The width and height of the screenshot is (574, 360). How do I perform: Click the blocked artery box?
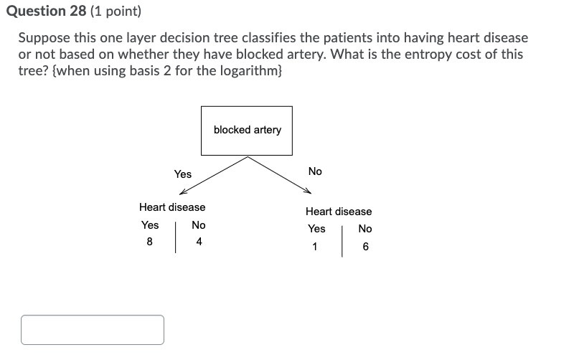pos(247,131)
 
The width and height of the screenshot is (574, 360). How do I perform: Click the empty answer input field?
pos(93,330)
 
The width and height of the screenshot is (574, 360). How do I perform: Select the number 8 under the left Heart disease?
pos(149,242)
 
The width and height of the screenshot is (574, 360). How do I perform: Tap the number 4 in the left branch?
pos(199,242)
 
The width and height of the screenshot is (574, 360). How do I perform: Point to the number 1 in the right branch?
pos(314,247)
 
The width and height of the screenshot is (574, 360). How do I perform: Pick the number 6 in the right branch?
pos(365,247)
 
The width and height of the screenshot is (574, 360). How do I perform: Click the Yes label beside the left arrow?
pos(183,174)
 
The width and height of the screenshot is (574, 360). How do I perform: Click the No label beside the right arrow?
pos(315,171)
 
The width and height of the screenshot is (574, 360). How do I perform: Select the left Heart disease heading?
pos(172,207)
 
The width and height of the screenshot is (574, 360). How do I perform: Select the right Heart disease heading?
pos(339,212)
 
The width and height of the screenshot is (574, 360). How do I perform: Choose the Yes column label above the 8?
pos(150,225)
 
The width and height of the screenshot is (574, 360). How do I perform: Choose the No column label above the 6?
pos(365,229)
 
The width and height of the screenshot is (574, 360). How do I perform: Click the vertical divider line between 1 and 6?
pos(342,241)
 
